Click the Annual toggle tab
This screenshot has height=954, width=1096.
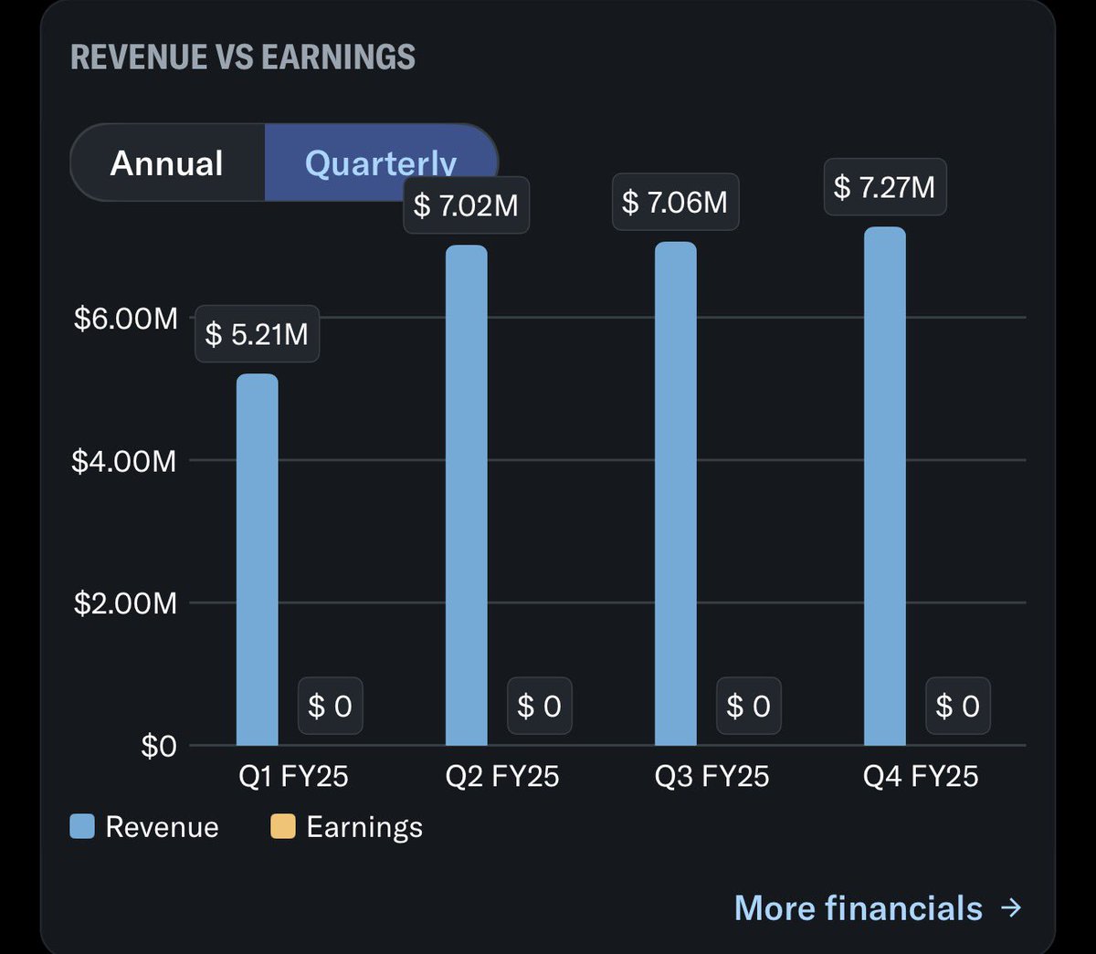coord(167,163)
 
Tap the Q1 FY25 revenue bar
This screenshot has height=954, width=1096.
coord(257,559)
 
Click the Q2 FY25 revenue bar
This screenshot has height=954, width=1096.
coord(466,495)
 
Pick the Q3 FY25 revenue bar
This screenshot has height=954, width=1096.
coord(675,493)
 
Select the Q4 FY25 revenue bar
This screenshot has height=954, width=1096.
coord(884,486)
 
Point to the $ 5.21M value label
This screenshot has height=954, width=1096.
coord(257,334)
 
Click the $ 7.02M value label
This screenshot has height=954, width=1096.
coord(466,205)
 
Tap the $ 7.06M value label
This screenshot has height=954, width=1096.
coord(675,202)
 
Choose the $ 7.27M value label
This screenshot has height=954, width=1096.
coord(884,187)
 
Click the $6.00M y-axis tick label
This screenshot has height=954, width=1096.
coord(125,319)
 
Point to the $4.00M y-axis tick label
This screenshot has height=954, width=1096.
coord(124,461)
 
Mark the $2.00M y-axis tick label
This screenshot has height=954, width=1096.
coord(125,603)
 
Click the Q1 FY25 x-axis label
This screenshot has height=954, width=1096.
coord(293,776)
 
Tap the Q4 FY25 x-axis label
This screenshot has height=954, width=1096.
coord(920,776)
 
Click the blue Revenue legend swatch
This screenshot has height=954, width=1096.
coord(82,826)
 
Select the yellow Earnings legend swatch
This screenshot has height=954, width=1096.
coord(283,826)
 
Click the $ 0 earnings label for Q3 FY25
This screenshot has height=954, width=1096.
coord(748,706)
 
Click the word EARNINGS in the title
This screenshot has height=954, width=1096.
coord(338,57)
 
